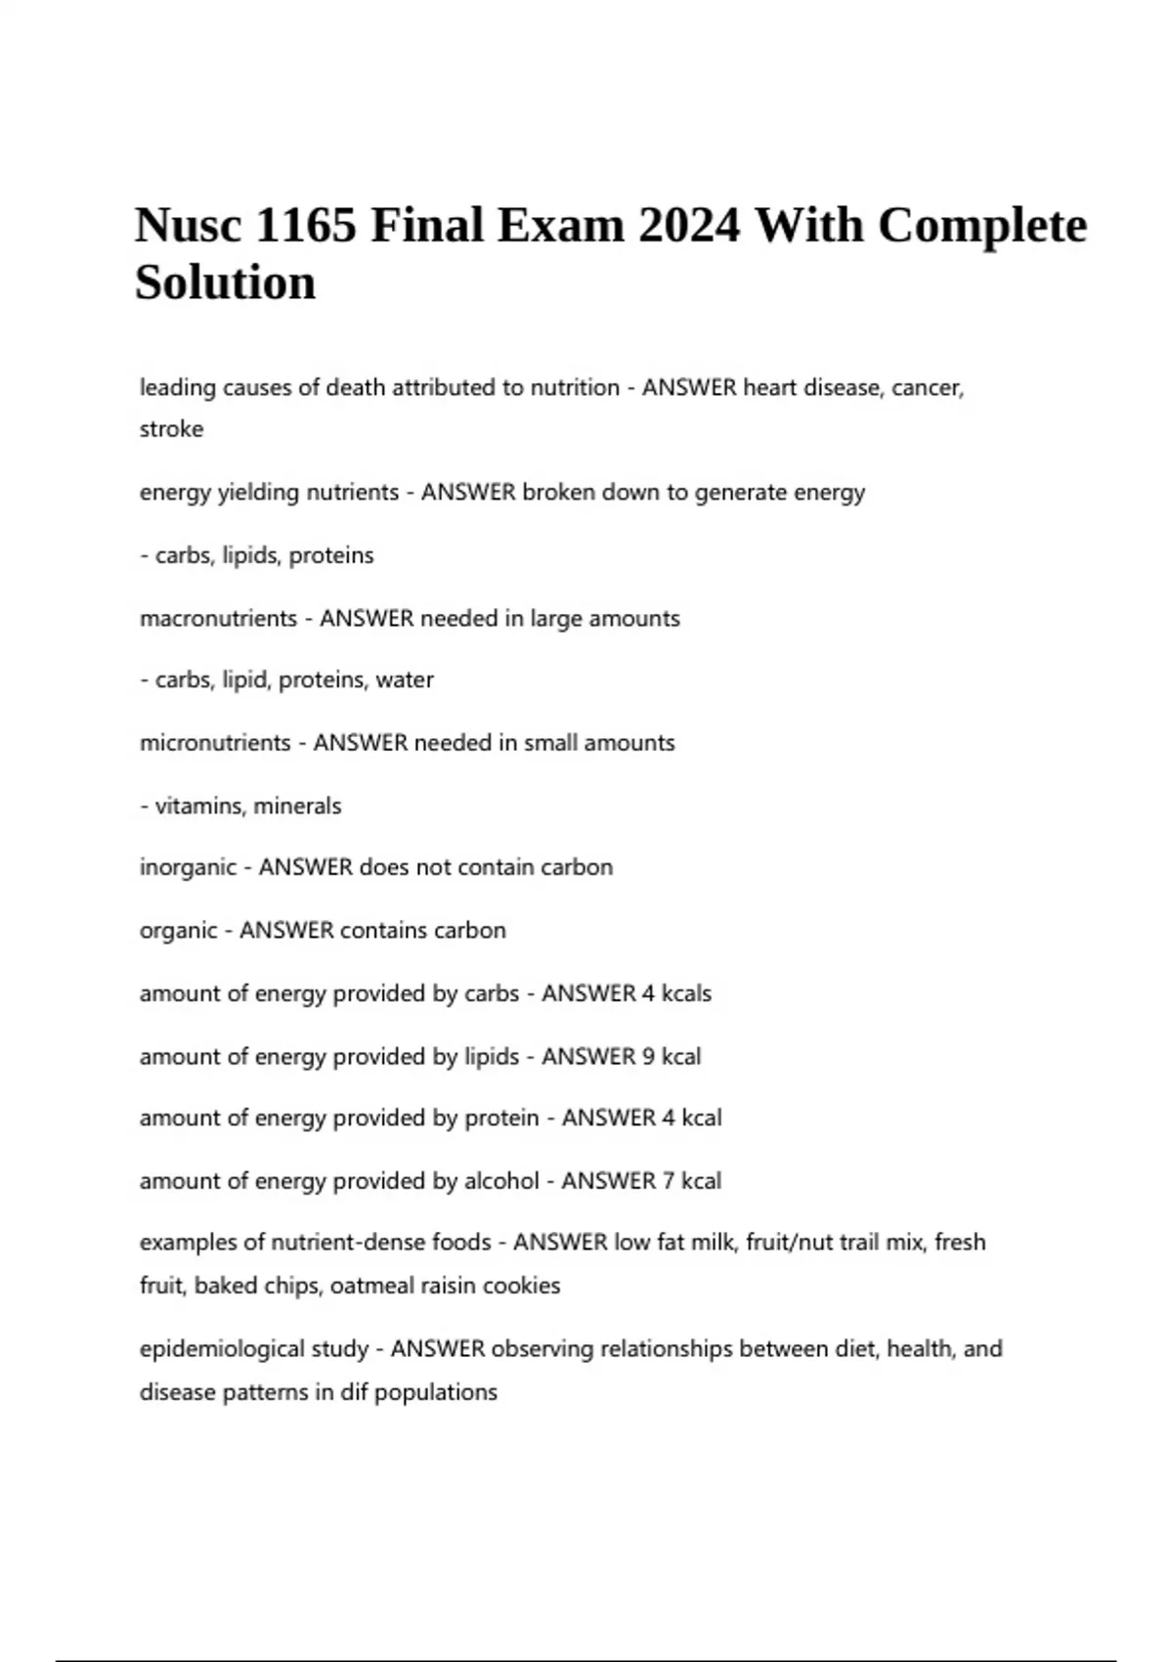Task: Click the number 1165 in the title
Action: [305, 226]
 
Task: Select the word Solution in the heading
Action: [225, 284]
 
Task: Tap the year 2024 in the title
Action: [689, 226]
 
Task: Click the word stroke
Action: [171, 429]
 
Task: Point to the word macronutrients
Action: [218, 618]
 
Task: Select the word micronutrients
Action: [215, 743]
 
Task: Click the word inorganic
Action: [188, 868]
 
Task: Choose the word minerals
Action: [297, 806]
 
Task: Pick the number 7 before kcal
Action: [669, 1181]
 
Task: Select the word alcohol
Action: [500, 1181]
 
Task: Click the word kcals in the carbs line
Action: [686, 993]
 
